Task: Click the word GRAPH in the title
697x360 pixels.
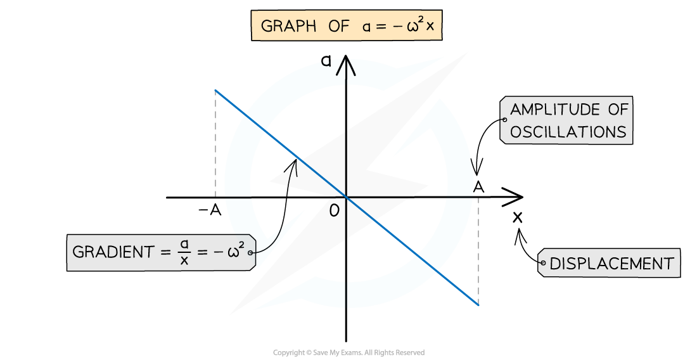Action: click(x=288, y=26)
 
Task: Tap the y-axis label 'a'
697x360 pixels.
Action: click(x=326, y=60)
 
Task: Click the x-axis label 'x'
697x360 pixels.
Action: click(x=518, y=217)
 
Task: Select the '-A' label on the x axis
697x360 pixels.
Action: click(x=210, y=210)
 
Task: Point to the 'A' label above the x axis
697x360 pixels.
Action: click(x=478, y=187)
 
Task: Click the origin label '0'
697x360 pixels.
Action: click(x=335, y=210)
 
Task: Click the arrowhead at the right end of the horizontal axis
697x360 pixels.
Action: click(x=513, y=197)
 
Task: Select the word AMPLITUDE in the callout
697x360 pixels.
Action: click(x=555, y=110)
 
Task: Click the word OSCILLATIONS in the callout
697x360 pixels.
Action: click(x=568, y=132)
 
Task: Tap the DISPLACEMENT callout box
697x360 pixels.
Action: click(x=609, y=263)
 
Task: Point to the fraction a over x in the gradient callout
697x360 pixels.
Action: click(x=184, y=252)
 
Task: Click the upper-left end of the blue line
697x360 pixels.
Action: click(x=215, y=90)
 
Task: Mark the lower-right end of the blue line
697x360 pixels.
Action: click(x=478, y=305)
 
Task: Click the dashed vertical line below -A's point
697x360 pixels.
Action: click(x=215, y=143)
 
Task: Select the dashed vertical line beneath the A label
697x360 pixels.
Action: click(x=478, y=251)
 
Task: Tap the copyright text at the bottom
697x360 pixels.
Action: click(x=349, y=352)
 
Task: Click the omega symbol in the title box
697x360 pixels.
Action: click(x=412, y=26)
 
